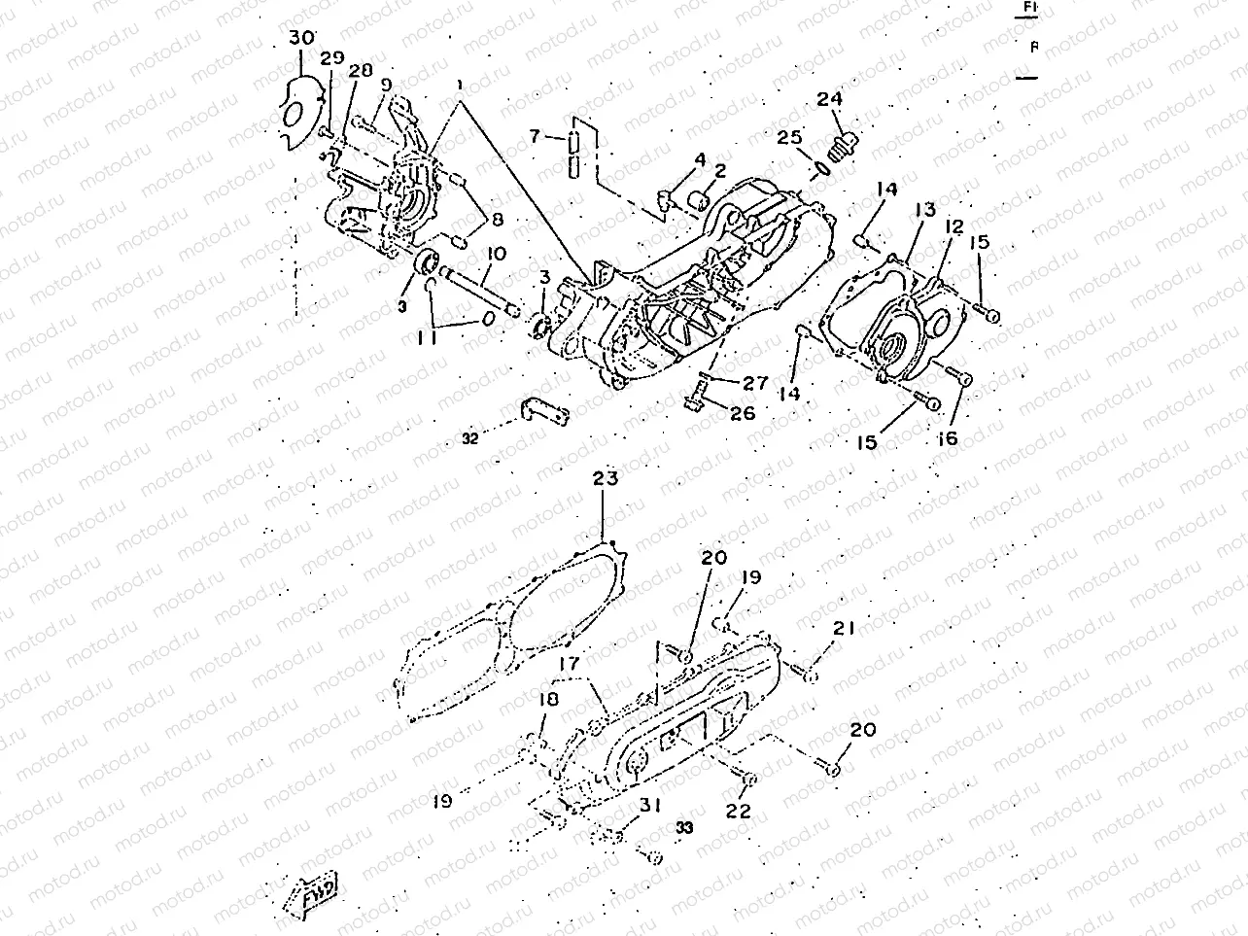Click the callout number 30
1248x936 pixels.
[x=302, y=38]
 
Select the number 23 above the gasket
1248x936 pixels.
[x=605, y=478]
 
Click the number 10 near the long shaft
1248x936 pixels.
[x=496, y=255]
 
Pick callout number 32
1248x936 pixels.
[x=470, y=438]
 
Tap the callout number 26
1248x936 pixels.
[x=743, y=413]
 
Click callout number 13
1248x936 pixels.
[x=923, y=209]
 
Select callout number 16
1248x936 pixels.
[x=948, y=438]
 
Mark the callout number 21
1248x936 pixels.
[x=843, y=629]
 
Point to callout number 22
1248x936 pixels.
[x=740, y=810]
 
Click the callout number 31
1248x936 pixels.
[x=650, y=806]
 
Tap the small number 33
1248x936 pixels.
[x=684, y=827]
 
